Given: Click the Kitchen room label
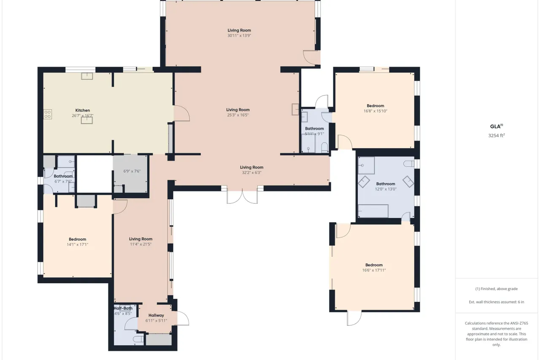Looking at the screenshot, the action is click(82, 111).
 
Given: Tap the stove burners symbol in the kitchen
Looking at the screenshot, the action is click(48, 114).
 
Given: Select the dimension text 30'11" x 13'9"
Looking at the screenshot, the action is click(239, 35).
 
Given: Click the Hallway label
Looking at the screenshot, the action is click(156, 315).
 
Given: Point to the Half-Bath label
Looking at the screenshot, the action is click(123, 308).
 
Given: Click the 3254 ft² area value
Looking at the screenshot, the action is click(497, 135).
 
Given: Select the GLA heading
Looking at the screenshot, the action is click(495, 127).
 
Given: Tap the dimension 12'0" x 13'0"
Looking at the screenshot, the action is click(386, 189).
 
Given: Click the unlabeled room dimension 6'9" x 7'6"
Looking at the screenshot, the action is click(132, 171).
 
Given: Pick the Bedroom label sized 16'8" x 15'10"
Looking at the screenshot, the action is click(375, 106).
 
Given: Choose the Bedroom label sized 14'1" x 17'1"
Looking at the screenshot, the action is click(77, 239).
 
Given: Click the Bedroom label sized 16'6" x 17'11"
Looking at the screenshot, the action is click(374, 265).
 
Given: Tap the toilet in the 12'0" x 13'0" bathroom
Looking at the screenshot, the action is click(409, 164).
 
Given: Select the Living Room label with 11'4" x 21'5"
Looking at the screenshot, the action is click(140, 239).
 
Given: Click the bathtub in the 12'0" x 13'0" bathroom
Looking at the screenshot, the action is click(373, 211).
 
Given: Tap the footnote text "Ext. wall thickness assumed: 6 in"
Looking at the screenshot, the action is click(497, 302).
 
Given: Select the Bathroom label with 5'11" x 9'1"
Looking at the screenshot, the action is click(314, 129).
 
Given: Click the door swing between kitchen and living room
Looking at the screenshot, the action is click(181, 113).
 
